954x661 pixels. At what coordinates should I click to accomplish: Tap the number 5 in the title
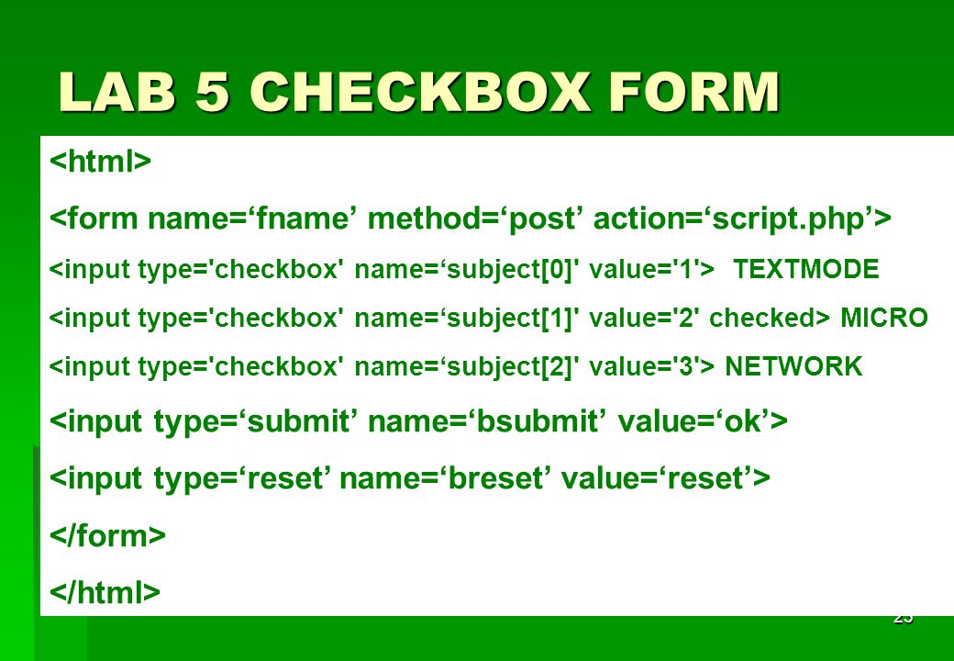(x=213, y=92)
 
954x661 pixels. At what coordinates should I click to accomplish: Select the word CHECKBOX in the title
(x=420, y=92)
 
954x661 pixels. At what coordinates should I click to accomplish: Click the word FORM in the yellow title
(x=694, y=92)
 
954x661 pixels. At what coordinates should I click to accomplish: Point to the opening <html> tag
(x=100, y=161)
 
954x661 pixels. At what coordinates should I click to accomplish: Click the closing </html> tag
(x=105, y=591)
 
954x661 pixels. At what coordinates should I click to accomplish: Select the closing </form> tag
(x=107, y=535)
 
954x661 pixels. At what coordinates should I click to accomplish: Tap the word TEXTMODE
(x=806, y=269)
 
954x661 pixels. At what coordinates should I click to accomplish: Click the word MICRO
(x=884, y=318)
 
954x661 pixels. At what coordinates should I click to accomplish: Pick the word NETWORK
(x=794, y=366)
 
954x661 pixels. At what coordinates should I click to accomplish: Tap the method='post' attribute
(x=471, y=219)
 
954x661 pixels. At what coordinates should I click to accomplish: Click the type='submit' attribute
(x=252, y=421)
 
